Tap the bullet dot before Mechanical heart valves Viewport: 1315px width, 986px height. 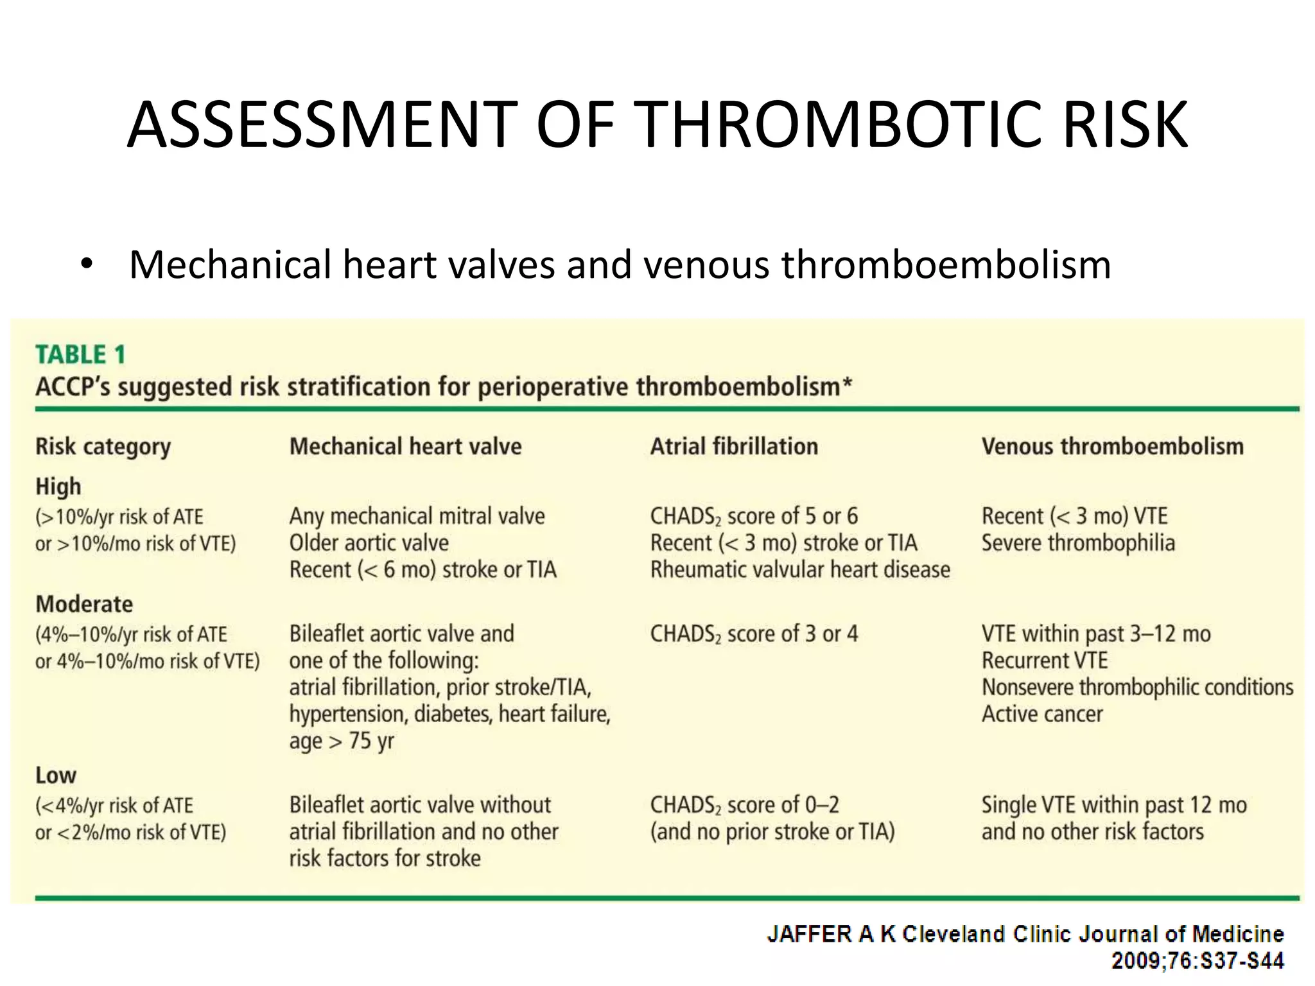coord(87,264)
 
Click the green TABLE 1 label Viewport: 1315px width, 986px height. coord(80,354)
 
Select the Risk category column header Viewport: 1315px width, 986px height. coord(103,447)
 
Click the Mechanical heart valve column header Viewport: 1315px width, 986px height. coord(405,447)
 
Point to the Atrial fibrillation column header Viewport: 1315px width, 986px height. coord(734,447)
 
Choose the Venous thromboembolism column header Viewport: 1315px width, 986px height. coord(1112,447)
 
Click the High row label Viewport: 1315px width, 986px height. coord(58,487)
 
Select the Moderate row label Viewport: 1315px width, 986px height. coord(84,604)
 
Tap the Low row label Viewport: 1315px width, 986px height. coord(56,775)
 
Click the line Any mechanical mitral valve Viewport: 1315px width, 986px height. coord(417,516)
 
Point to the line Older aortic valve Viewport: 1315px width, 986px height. coord(369,543)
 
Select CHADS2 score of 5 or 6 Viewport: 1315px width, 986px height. coord(754,516)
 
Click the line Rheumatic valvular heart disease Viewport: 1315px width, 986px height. coord(800,570)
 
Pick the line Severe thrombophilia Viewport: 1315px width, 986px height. coord(1078,543)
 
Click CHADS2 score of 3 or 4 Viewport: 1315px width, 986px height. coord(754,634)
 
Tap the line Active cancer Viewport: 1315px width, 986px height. coord(1042,714)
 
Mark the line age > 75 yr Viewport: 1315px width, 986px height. coord(342,741)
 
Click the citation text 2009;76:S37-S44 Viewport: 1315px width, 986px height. coord(1197,961)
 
